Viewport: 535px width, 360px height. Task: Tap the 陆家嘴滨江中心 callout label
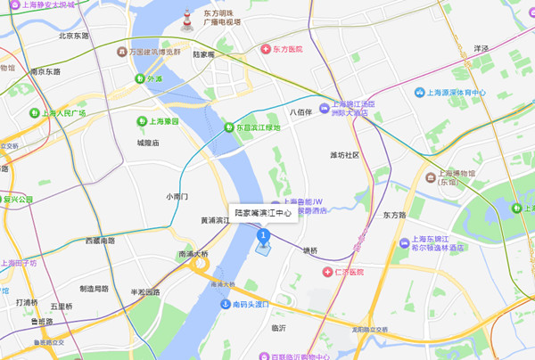point(263,214)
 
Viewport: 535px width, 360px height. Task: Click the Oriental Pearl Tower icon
point(187,20)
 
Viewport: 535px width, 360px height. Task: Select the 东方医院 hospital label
point(281,48)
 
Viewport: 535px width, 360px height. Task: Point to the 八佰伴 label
point(300,112)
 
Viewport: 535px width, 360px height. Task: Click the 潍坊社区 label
point(344,155)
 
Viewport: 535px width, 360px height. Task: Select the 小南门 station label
point(177,196)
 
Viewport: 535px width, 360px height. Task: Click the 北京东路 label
point(74,37)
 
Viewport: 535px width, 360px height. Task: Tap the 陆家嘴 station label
point(204,54)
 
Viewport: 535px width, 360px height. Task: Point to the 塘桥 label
point(309,250)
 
